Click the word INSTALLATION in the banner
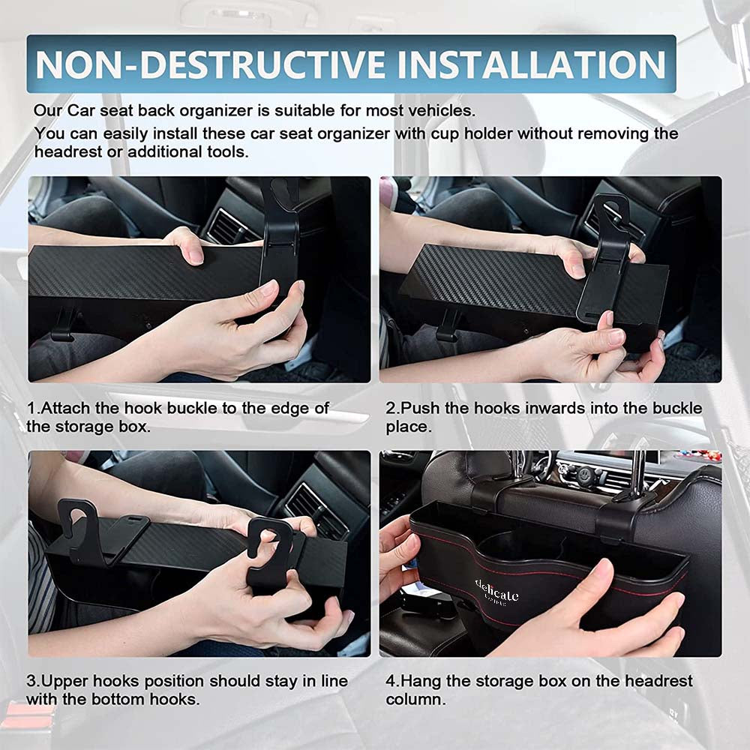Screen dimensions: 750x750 532,64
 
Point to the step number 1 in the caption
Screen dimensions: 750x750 31,408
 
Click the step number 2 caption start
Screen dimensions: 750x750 391,408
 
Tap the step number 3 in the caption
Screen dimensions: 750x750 31,681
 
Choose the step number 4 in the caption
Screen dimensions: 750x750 391,681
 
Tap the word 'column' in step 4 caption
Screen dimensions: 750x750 415,699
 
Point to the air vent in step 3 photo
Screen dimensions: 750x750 316,509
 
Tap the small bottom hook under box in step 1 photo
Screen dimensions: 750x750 64,325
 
